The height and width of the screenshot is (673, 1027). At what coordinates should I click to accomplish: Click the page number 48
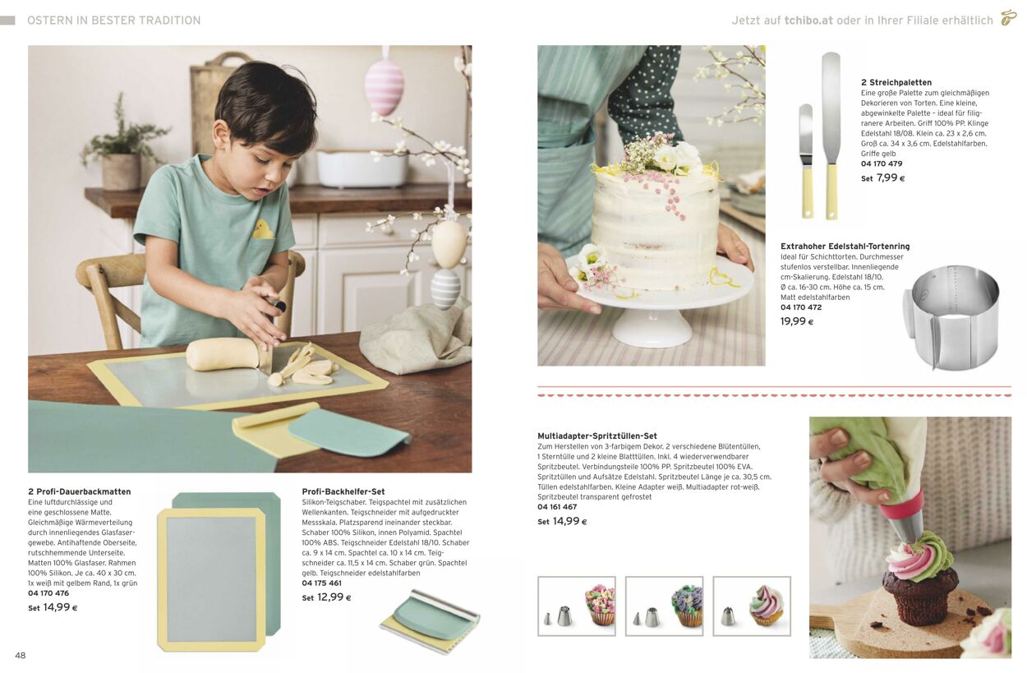tap(21, 655)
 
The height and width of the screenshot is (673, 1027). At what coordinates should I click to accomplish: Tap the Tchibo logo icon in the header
tap(1008, 18)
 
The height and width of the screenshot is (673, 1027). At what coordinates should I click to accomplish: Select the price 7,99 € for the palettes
tap(891, 177)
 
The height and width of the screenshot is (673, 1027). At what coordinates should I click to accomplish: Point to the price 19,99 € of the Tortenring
tap(797, 321)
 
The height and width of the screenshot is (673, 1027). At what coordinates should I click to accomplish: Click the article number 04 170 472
tap(801, 307)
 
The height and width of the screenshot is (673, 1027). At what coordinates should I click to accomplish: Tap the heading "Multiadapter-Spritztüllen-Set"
tap(597, 436)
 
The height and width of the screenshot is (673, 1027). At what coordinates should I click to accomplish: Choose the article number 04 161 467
tap(557, 506)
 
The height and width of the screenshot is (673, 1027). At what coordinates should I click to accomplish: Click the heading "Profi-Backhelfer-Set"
tap(343, 491)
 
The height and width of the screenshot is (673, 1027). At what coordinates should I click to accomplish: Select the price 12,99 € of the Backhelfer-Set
tap(334, 597)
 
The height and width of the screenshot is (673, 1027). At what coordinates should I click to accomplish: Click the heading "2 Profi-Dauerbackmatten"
tap(80, 491)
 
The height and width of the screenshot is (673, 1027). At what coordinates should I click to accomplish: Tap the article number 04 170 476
tap(48, 593)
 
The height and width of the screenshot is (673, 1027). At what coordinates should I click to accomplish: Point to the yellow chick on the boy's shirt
tap(264, 228)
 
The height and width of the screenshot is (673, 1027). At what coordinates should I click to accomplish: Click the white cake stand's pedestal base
tap(652, 328)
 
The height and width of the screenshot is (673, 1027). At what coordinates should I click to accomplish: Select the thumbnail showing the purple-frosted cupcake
tap(664, 606)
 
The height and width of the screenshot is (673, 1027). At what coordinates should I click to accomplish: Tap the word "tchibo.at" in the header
tap(808, 21)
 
